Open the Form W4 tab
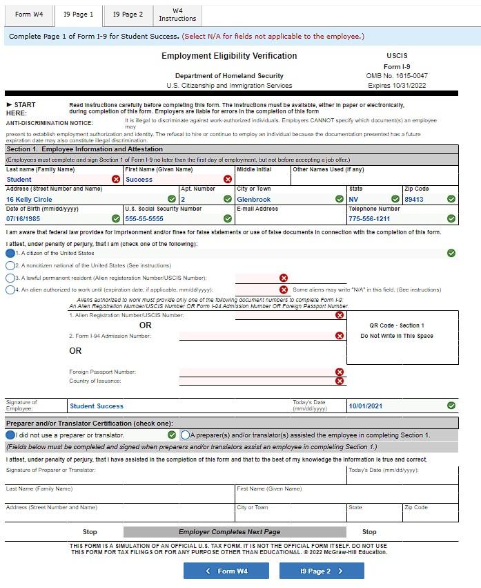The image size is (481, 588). click(x=29, y=15)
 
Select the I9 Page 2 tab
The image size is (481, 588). click(x=128, y=15)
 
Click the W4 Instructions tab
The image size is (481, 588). click(x=177, y=15)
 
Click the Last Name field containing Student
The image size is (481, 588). click(x=59, y=180)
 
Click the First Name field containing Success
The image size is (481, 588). click(x=173, y=180)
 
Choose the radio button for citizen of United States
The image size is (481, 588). click(x=10, y=254)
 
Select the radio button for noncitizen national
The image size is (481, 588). click(x=10, y=265)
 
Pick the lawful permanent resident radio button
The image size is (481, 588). click(x=10, y=278)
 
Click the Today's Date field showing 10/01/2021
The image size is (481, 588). click(x=393, y=406)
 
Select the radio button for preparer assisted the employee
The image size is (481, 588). click(x=185, y=435)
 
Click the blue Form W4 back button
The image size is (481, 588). click(x=226, y=571)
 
